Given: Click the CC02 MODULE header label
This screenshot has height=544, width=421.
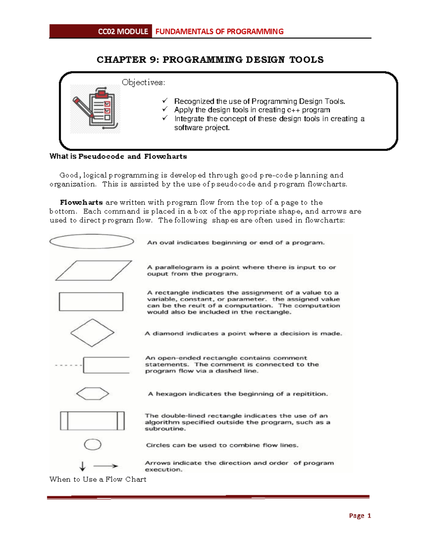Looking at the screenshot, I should (x=123, y=32).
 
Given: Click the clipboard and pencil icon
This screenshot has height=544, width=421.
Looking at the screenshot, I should (x=95, y=109).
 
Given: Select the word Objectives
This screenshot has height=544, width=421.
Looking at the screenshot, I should (x=143, y=83).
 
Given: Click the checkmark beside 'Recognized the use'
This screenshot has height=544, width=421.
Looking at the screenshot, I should (x=165, y=101).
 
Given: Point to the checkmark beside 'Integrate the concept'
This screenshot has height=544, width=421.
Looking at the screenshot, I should (x=165, y=118).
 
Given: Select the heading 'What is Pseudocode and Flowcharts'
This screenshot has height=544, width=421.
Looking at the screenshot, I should (x=118, y=157).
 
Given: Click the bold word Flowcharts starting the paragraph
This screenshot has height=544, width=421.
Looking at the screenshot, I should (x=81, y=202).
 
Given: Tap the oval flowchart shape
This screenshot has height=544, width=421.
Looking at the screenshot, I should (x=92, y=241).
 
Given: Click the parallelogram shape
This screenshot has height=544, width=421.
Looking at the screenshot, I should (x=93, y=270).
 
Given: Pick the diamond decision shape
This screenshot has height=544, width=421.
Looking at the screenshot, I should (x=92, y=333).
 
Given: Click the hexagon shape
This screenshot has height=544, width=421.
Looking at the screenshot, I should (x=93, y=394).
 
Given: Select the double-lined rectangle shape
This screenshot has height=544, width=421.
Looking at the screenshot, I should (x=92, y=421).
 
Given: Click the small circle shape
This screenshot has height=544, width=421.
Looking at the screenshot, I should (x=93, y=445).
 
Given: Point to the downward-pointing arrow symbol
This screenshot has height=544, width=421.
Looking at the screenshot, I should (x=82, y=466).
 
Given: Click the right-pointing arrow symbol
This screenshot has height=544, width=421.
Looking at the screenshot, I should (x=106, y=466).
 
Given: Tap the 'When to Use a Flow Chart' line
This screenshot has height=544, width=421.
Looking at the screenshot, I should (x=98, y=480).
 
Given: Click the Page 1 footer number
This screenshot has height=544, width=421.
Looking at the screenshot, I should (x=360, y=516).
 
